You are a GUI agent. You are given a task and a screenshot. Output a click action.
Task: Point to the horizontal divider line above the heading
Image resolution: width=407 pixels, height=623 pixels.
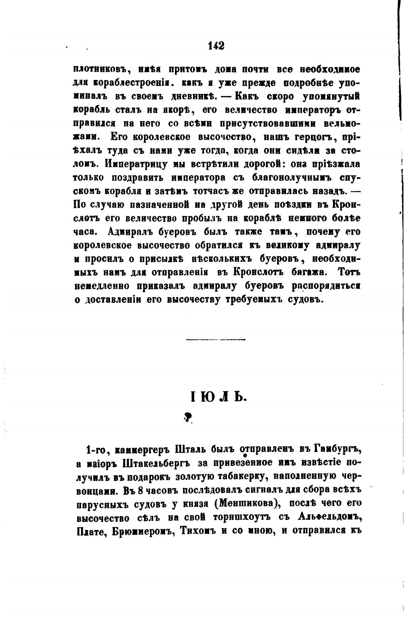point(216,339)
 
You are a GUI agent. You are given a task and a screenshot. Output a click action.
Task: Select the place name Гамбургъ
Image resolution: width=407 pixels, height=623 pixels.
point(338,449)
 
